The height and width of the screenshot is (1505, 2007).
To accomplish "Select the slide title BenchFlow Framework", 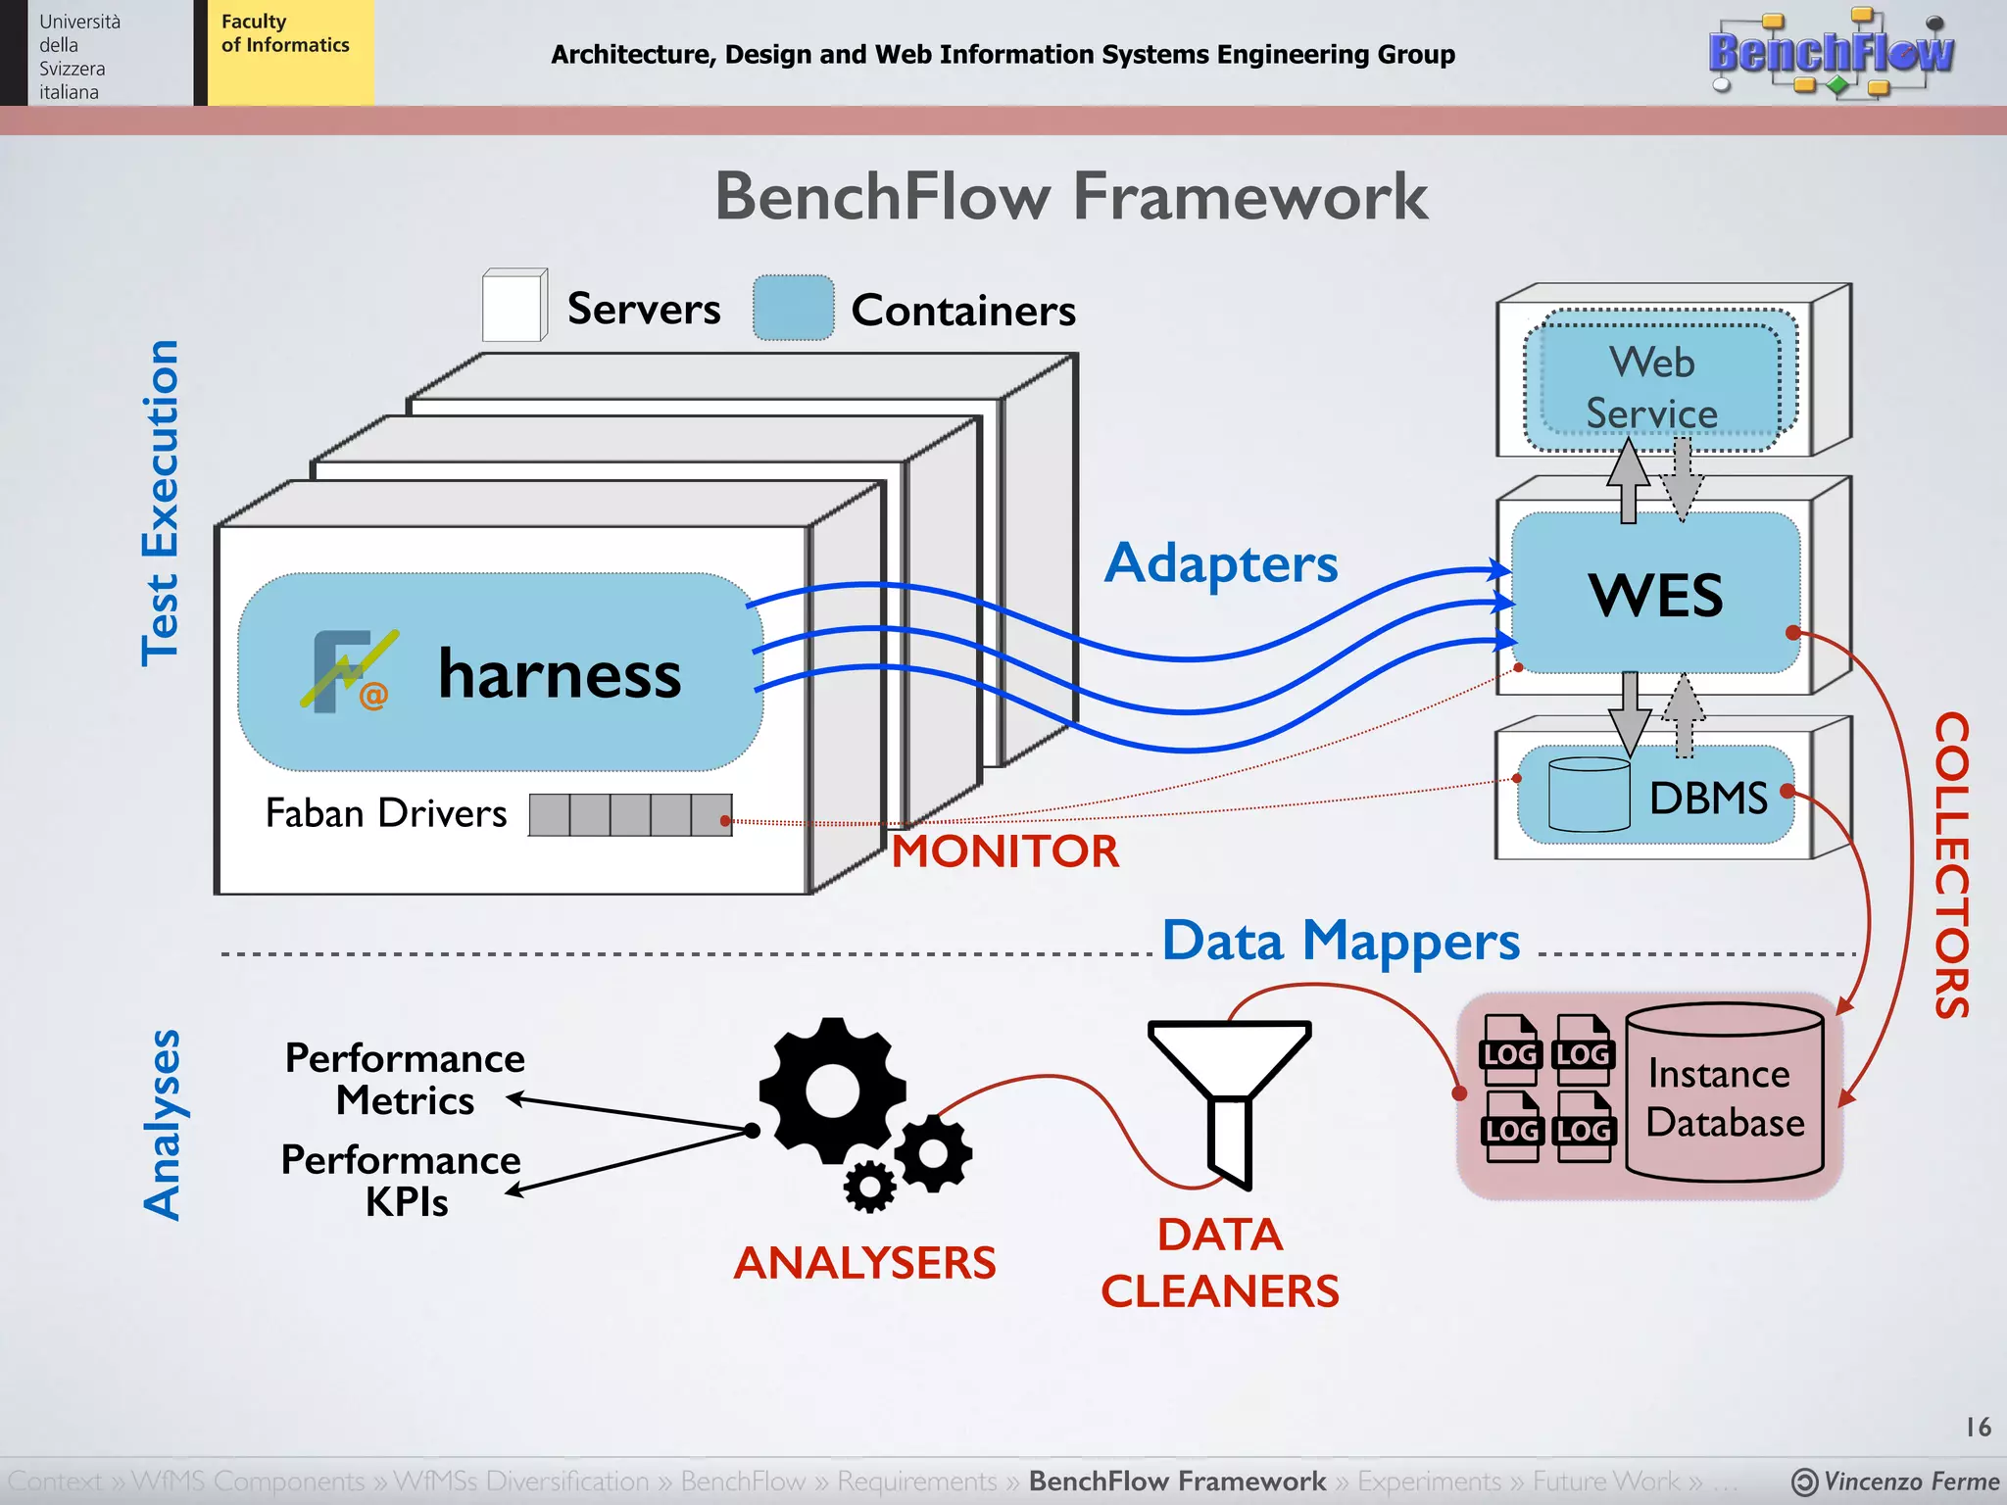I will pyautogui.click(x=1070, y=197).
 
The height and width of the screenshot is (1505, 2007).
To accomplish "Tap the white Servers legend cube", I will pyautogui.click(x=514, y=307).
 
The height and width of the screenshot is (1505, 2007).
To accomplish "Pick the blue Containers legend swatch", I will pyautogui.click(x=793, y=309).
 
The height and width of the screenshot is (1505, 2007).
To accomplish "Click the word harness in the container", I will pyautogui.click(x=559, y=675).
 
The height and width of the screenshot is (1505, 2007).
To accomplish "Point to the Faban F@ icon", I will pyautogui.click(x=347, y=671).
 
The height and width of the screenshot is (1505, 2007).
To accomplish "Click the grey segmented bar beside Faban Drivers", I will pyautogui.click(x=629, y=815).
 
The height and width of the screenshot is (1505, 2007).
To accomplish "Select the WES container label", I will pyautogui.click(x=1654, y=595).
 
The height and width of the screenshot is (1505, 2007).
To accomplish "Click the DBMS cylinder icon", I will pyautogui.click(x=1589, y=796).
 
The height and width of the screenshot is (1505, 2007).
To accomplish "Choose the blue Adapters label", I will pyautogui.click(x=1220, y=564).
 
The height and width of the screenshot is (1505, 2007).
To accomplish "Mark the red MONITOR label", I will pyautogui.click(x=1004, y=850).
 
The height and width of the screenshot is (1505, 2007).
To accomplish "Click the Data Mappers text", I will pyautogui.click(x=1340, y=942).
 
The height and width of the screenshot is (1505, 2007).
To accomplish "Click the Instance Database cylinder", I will pyautogui.click(x=1724, y=1092).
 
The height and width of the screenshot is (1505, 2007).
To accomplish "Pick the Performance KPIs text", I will pyautogui.click(x=402, y=1181).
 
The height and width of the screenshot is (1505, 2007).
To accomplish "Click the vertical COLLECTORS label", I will pyautogui.click(x=1950, y=865).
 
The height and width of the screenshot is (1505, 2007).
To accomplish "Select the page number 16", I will pyautogui.click(x=1978, y=1427).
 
